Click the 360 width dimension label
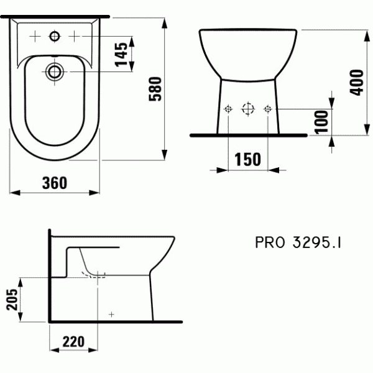click(55, 183)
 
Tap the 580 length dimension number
click(155, 89)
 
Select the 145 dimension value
click(121, 54)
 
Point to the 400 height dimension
click(357, 83)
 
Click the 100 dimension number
click(321, 122)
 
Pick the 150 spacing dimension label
click(247, 159)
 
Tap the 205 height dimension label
click(12, 299)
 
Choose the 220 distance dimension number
click(73, 341)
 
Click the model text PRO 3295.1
click(298, 242)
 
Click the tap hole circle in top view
click(55, 37)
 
